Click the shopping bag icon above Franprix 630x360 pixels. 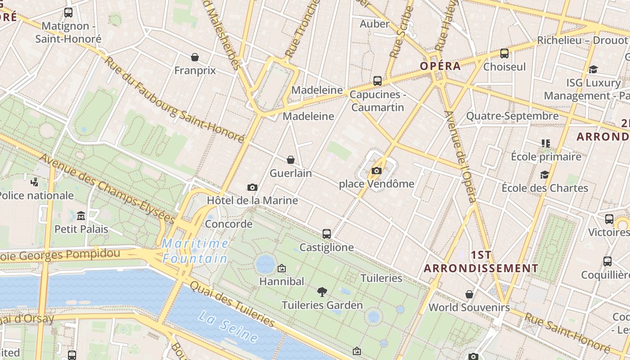pos(195,57)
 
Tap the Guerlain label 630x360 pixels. pos(290,173)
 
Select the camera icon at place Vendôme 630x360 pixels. pos(377,171)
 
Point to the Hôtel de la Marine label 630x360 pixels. pos(252,200)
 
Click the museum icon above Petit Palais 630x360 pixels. pos(81,216)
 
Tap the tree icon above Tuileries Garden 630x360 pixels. pos(322,292)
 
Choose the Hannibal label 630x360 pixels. pos(282,281)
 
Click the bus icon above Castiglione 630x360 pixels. pos(327,234)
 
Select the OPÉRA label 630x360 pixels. pos(440,66)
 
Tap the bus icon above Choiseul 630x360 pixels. pos(504,54)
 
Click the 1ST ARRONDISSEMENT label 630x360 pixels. pos(481,262)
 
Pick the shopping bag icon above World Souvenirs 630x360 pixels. pos(469,294)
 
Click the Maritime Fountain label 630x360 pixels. pos(195,251)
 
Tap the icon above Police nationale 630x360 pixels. pos(35,182)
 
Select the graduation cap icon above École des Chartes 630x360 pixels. pos(544,175)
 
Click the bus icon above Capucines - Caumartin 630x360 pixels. pos(377,81)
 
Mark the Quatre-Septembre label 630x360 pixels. pos(512,116)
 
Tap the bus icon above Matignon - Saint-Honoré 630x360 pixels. pos(68,13)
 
